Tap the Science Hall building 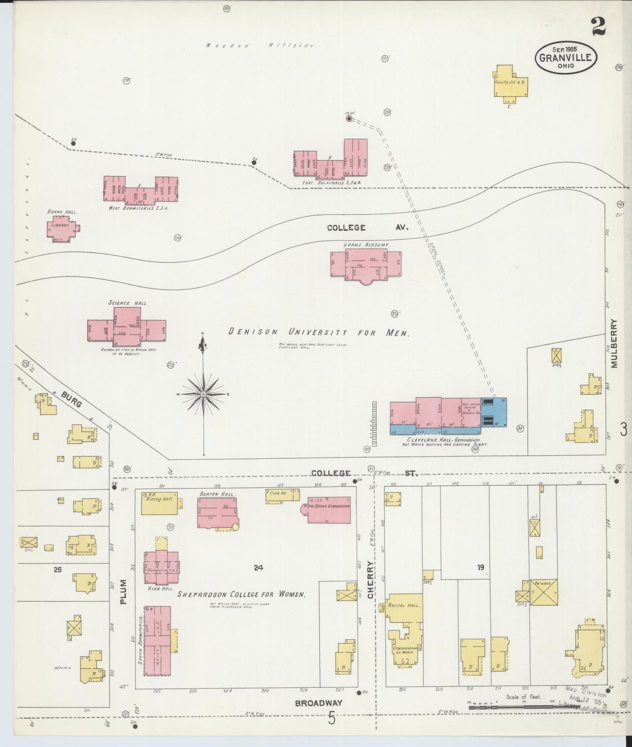[126, 328]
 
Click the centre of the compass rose [203, 394]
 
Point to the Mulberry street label [614, 343]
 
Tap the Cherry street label [371, 580]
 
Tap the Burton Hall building [217, 512]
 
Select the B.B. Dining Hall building [160, 503]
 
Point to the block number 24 [258, 568]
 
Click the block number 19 [481, 567]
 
